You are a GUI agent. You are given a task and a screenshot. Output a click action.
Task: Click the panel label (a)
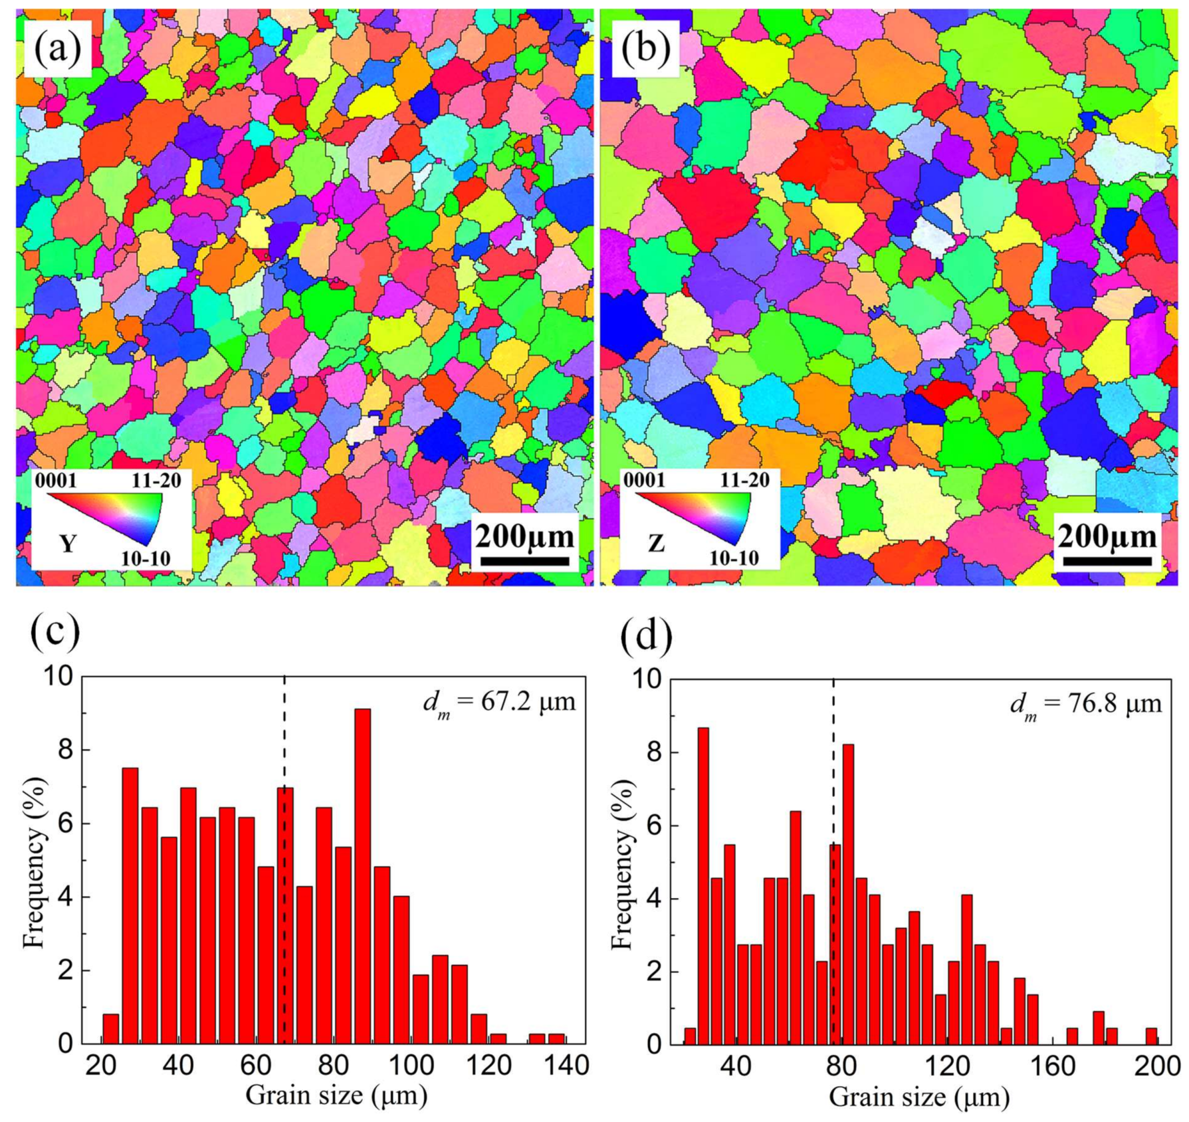click(58, 48)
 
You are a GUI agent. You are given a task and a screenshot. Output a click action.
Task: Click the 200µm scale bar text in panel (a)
click(525, 537)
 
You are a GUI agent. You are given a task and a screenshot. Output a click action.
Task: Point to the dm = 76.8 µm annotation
click(1085, 704)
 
